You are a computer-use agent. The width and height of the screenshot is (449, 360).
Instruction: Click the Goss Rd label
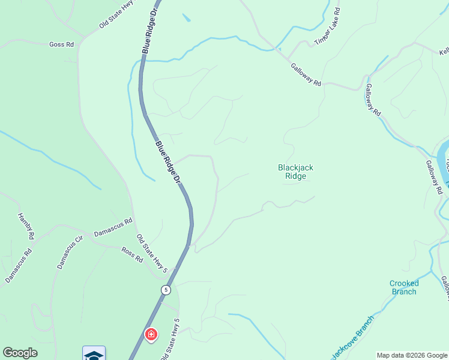pyautogui.click(x=61, y=44)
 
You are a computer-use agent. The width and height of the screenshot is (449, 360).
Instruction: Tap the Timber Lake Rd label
pyautogui.click(x=328, y=27)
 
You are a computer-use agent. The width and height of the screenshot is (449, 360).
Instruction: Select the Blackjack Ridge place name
pyautogui.click(x=296, y=172)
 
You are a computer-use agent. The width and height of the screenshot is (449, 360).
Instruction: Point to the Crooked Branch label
pyautogui.click(x=404, y=287)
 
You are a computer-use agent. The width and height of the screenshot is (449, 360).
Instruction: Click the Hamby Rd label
pyautogui.click(x=25, y=227)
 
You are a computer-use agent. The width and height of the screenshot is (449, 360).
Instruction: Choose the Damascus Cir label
pyautogui.click(x=68, y=253)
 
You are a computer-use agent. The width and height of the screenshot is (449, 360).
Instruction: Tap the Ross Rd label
pyautogui.click(x=132, y=254)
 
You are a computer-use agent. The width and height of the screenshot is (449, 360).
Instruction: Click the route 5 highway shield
pyautogui.click(x=166, y=290)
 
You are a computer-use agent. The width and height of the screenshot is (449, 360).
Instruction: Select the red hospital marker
pyautogui.click(x=151, y=334)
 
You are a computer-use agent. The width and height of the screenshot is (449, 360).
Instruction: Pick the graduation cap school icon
pyautogui.click(x=94, y=354)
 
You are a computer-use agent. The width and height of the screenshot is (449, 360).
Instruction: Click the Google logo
pyautogui.click(x=20, y=353)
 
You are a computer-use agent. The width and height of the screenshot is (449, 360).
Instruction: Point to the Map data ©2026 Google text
pyautogui.click(x=412, y=355)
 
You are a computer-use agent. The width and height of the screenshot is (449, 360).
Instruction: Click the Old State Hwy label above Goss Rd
pyautogui.click(x=116, y=18)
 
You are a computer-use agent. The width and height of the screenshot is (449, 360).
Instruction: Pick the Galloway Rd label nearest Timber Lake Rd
pyautogui.click(x=306, y=75)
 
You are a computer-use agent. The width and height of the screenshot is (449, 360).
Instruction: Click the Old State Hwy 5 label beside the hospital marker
pyautogui.click(x=169, y=340)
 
